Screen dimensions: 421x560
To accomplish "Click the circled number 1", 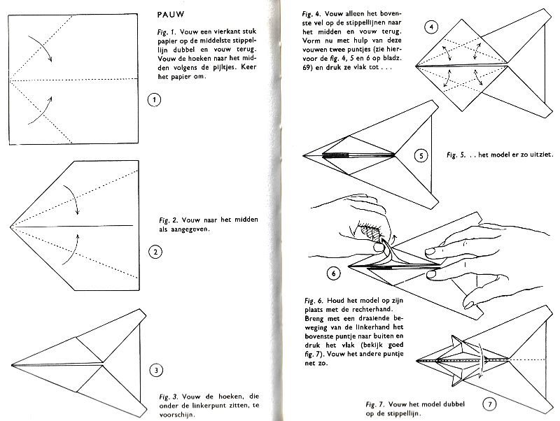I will pyautogui.click(x=155, y=101).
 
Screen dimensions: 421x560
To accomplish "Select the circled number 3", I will pyautogui.click(x=155, y=371).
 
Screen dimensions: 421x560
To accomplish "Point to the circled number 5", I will pyautogui.click(x=420, y=156).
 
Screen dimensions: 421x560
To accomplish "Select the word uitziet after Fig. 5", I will pyautogui.click(x=533, y=156).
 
